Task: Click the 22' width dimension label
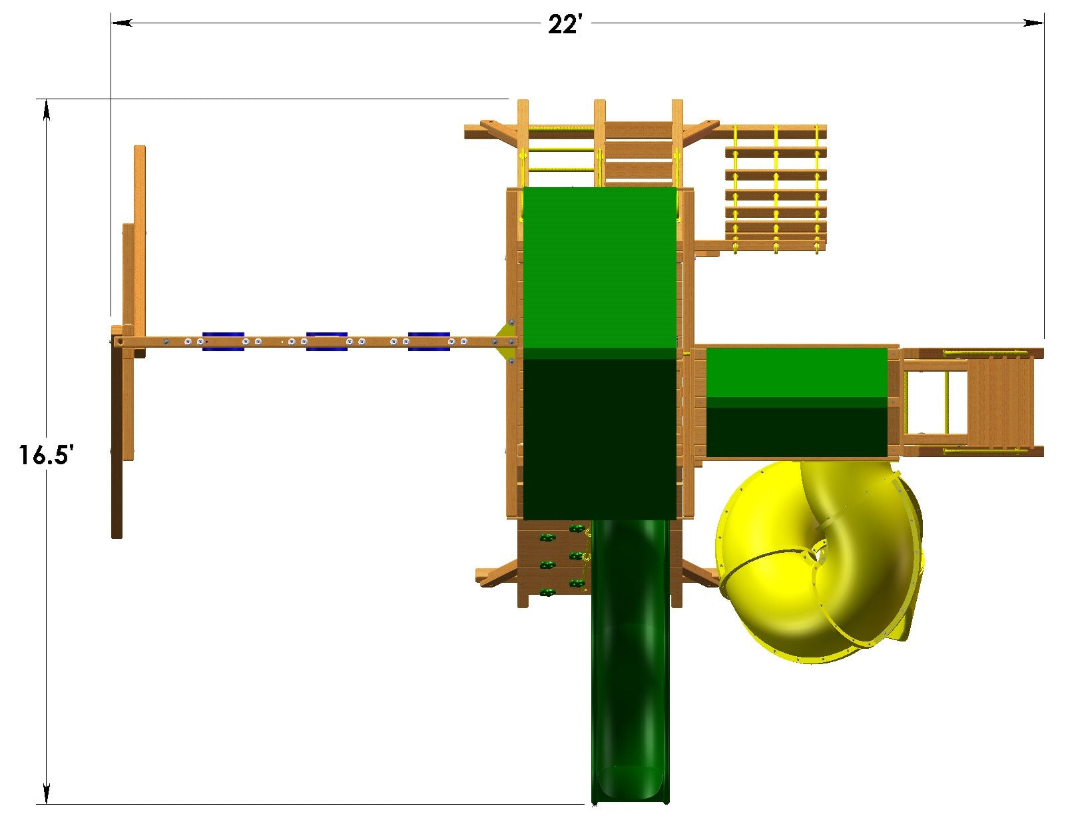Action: [565, 25]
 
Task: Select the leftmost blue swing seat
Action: [223, 341]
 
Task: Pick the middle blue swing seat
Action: [326, 341]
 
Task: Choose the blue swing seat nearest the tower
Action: [429, 341]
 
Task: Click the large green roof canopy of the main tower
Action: [600, 353]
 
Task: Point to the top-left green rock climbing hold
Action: [547, 538]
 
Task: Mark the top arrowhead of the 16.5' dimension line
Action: [46, 110]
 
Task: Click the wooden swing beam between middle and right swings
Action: [378, 342]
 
